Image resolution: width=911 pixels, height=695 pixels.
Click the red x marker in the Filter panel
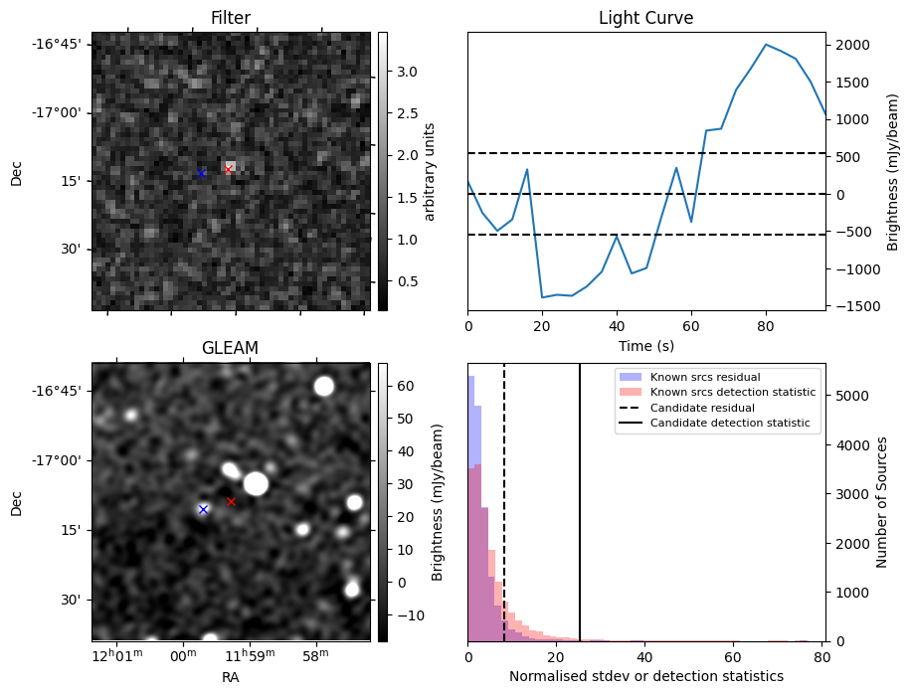pyautogui.click(x=228, y=169)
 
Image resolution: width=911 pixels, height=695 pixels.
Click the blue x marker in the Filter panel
pyautogui.click(x=201, y=173)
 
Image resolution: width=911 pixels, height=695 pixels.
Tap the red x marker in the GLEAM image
pyautogui.click(x=231, y=501)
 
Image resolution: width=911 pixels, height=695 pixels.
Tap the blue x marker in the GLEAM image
pyautogui.click(x=203, y=509)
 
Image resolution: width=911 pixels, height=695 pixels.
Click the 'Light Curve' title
pyautogui.click(x=645, y=18)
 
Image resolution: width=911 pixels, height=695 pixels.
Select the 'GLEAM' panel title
pyautogui.click(x=230, y=348)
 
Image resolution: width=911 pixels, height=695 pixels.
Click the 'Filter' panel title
pyautogui.click(x=230, y=18)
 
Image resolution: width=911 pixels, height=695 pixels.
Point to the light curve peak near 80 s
pyautogui.click(x=766, y=45)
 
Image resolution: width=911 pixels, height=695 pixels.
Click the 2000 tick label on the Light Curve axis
pyautogui.click(x=853, y=45)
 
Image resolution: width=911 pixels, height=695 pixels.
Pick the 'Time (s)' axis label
pyautogui.click(x=645, y=344)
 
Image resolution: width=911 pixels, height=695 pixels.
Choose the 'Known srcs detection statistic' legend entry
pyautogui.click(x=733, y=393)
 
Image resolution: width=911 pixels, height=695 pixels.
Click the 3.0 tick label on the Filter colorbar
pyautogui.click(x=408, y=72)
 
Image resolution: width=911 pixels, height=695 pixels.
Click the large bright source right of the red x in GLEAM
pyautogui.click(x=256, y=483)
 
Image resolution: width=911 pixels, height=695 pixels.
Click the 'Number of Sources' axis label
pyautogui.click(x=882, y=502)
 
